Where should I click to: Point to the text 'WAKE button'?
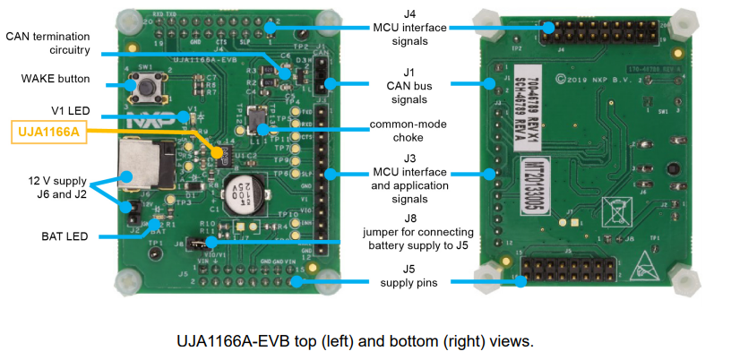coord(56,79)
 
